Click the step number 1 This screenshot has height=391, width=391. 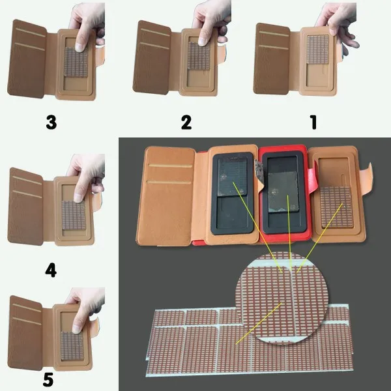pos(314,122)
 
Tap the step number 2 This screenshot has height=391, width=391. pos(186,123)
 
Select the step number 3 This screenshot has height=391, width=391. pos(51,123)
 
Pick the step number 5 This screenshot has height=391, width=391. pos(48,379)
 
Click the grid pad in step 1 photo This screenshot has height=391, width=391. pos(318,49)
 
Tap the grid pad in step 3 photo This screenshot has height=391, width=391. pos(76,62)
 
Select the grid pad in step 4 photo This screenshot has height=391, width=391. pos(74,215)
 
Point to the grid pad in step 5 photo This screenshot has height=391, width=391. pos(72,346)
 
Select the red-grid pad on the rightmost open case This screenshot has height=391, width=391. pos(337,207)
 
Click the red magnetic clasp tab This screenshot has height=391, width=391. pos(311,181)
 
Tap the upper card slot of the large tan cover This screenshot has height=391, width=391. pos(171,166)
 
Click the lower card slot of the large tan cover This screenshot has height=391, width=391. pos(169,182)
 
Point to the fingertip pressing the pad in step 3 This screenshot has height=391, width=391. pos(80,48)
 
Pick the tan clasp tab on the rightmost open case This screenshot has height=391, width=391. pos(366,178)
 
